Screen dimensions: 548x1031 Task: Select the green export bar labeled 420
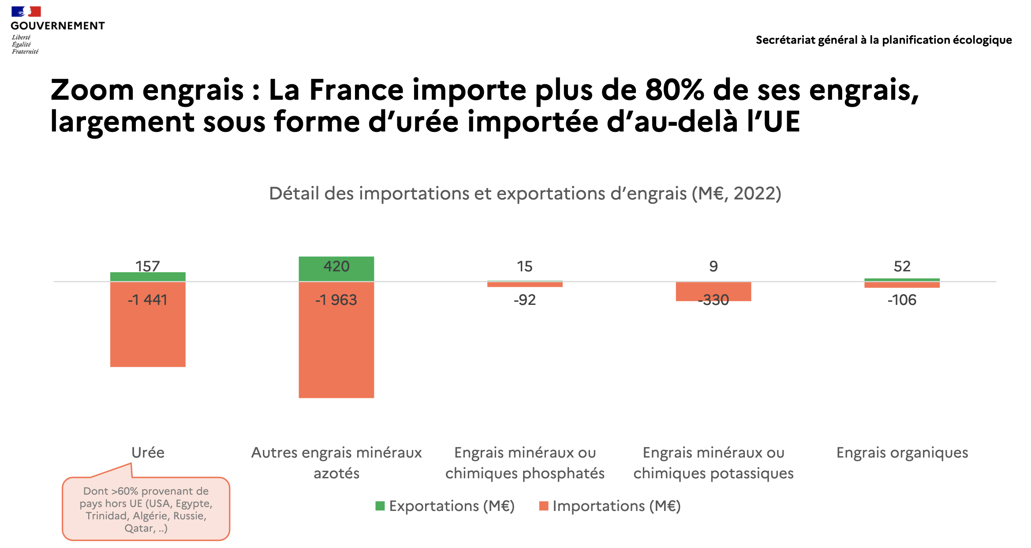[x=336, y=268]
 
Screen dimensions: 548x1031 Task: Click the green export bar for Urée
[x=148, y=277]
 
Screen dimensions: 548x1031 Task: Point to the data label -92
[x=525, y=300]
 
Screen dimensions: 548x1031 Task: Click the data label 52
[x=902, y=266]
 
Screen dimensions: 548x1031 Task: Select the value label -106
[x=902, y=300]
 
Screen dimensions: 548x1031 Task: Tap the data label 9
[x=713, y=266]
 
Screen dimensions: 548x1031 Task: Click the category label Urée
[x=148, y=453]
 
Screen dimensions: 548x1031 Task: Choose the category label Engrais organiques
[x=902, y=453]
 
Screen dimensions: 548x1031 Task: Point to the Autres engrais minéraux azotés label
[x=336, y=462]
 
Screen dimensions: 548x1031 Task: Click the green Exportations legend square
[x=380, y=506]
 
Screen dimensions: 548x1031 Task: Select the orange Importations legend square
[x=543, y=506]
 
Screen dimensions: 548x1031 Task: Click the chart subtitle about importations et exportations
[x=525, y=193]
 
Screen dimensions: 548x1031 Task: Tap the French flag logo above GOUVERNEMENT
[x=26, y=11]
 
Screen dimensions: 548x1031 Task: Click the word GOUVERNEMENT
[x=58, y=26]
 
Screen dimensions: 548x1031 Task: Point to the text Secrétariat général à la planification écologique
[x=884, y=40]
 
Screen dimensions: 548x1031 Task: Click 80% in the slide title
[x=674, y=90]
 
